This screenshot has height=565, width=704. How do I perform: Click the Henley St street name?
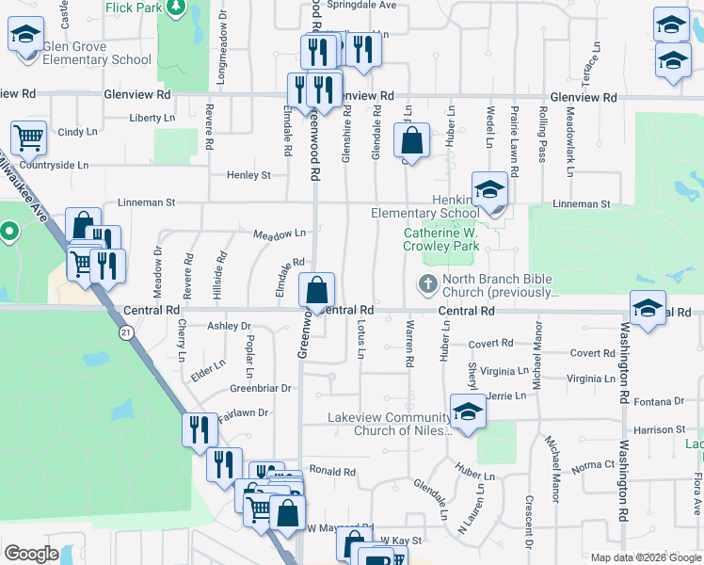[248, 175]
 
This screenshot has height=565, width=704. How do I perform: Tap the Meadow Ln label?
[280, 233]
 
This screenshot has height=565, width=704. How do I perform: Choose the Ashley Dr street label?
[230, 326]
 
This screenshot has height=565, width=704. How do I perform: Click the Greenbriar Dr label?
[261, 388]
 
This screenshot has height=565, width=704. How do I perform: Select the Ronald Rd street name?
[332, 472]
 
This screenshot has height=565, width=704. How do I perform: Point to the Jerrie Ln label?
[505, 396]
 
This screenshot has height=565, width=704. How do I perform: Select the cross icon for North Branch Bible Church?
[426, 283]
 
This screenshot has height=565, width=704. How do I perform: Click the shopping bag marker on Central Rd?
[317, 289]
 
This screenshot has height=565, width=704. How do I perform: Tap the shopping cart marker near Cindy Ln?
[28, 138]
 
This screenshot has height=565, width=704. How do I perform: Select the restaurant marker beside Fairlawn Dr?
[199, 430]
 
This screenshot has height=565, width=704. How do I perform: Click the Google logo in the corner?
[31, 554]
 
